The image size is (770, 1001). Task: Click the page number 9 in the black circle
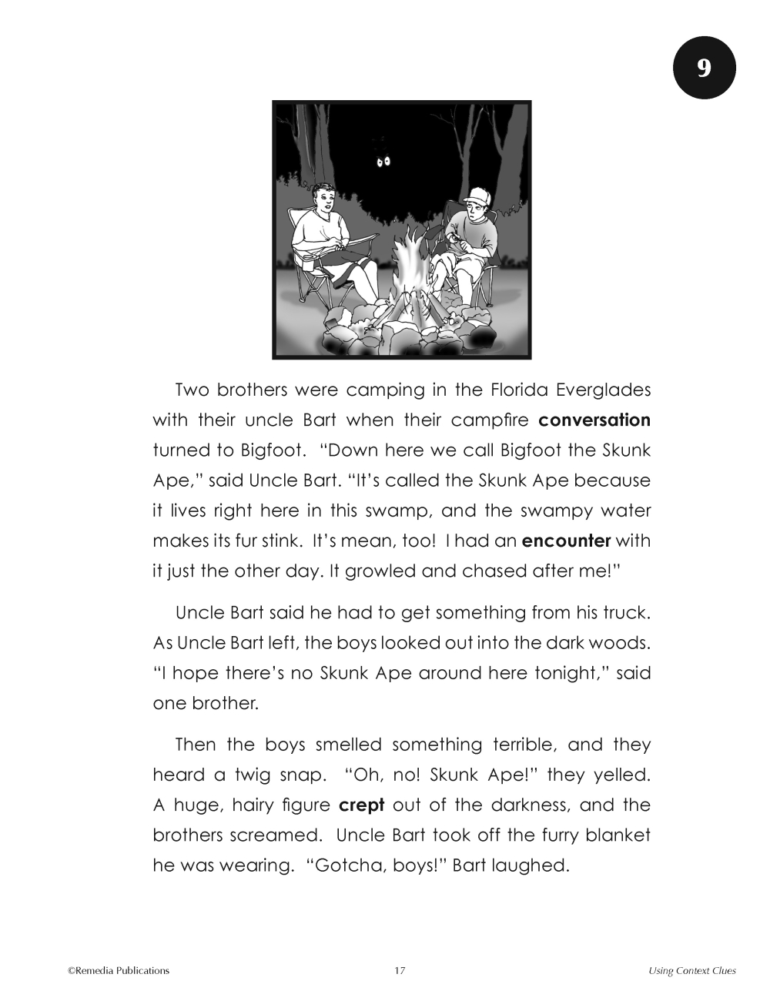click(x=705, y=69)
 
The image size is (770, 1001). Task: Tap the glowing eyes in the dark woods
click(x=383, y=161)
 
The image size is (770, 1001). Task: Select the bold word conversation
click(x=594, y=420)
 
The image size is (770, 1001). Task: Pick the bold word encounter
click(x=566, y=541)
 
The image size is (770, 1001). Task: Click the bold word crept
click(x=361, y=805)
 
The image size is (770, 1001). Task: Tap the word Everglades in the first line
click(x=603, y=390)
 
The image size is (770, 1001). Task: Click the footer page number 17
click(x=400, y=970)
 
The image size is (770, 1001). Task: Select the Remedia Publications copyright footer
click(x=119, y=970)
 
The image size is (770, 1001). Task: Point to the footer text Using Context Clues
click(x=691, y=970)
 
